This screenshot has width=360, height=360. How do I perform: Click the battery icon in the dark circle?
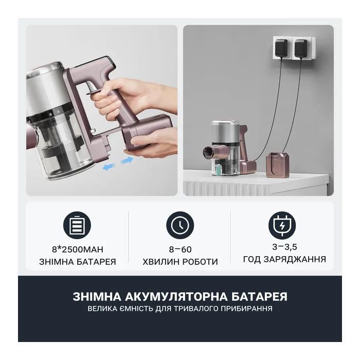click(77, 225)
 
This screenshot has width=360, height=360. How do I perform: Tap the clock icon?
click(180, 225)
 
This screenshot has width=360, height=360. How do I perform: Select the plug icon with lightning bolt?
click(282, 225)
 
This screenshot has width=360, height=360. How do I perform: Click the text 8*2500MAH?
click(78, 249)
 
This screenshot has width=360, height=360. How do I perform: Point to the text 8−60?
click(180, 249)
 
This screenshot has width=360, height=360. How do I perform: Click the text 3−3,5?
click(284, 247)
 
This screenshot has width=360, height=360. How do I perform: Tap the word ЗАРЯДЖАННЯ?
click(295, 259)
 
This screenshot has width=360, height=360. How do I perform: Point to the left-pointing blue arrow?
click(109, 166)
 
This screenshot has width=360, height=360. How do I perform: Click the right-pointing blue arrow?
click(127, 160)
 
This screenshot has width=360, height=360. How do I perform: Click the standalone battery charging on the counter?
click(275, 165)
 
